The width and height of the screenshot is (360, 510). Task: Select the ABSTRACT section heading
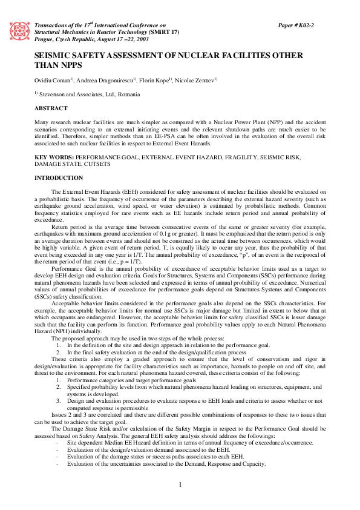click(51, 108)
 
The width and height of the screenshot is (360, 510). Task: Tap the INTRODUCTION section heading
click(59, 177)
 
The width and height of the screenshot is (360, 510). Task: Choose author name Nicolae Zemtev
click(198, 81)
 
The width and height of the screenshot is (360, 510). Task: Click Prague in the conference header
click(45, 38)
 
